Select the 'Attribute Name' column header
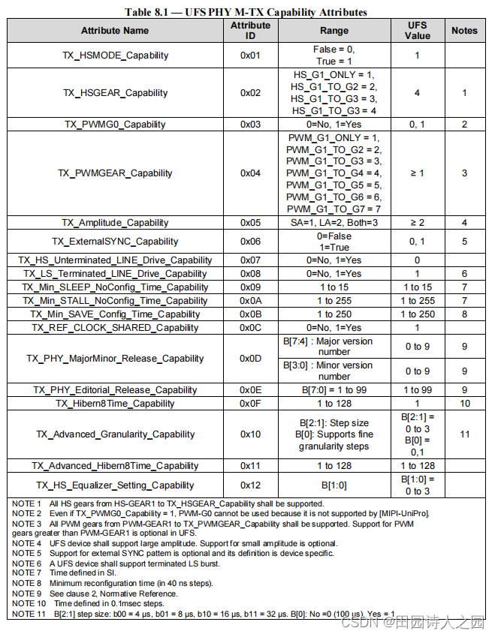coord(115,31)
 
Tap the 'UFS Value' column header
coord(417,31)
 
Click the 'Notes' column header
coord(464,31)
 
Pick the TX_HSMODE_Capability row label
coord(115,56)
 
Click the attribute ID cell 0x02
coord(250,93)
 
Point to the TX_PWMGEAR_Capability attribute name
coord(115,173)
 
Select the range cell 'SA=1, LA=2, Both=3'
coord(334,223)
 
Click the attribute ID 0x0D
coord(250,359)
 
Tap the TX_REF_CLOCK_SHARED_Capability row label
coord(115,328)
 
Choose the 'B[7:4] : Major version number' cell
coord(334,347)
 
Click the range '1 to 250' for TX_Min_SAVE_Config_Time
coord(334,314)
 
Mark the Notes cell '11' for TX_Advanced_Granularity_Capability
coord(464,434)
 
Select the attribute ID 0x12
coord(250,485)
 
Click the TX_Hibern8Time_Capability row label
coord(115,404)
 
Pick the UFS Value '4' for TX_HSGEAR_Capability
coord(417,93)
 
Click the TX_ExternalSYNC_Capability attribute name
coord(115,242)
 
